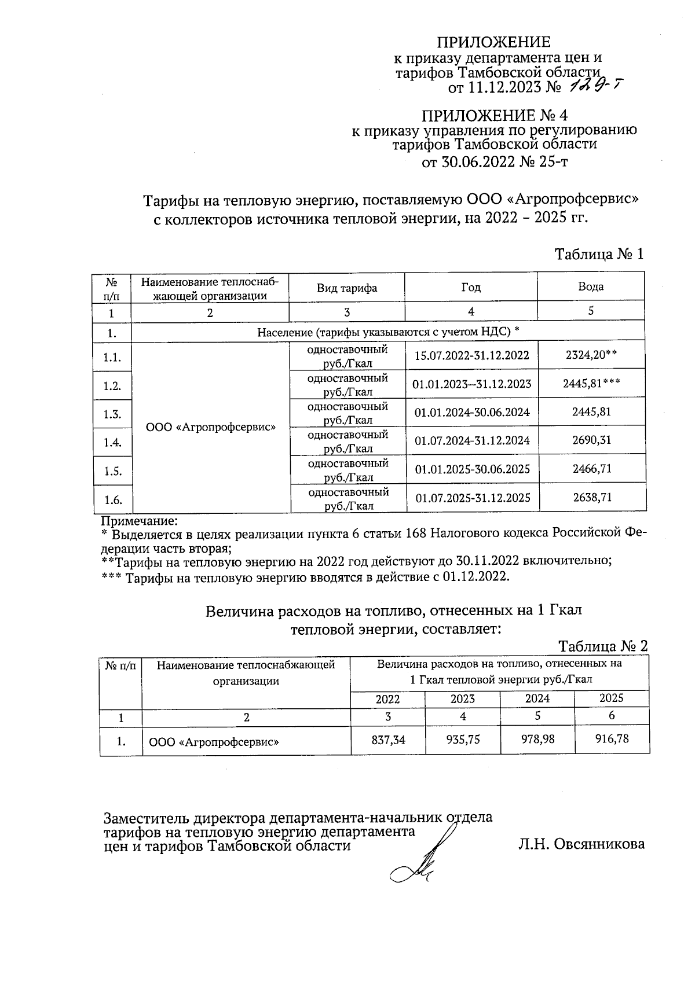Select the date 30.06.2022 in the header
point(469,162)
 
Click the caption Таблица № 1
point(599,254)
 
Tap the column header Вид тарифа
point(346,288)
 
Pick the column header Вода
point(591,287)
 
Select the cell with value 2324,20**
point(591,355)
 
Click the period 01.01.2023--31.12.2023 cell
point(471,384)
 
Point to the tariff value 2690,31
point(591,440)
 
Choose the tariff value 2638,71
point(592,498)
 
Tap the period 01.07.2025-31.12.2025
point(472,498)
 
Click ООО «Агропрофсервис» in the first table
point(210,427)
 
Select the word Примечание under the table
point(139,520)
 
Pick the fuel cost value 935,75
point(462,740)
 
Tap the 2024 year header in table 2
point(537,698)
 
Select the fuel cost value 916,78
point(612,739)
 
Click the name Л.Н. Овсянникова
point(581,844)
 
